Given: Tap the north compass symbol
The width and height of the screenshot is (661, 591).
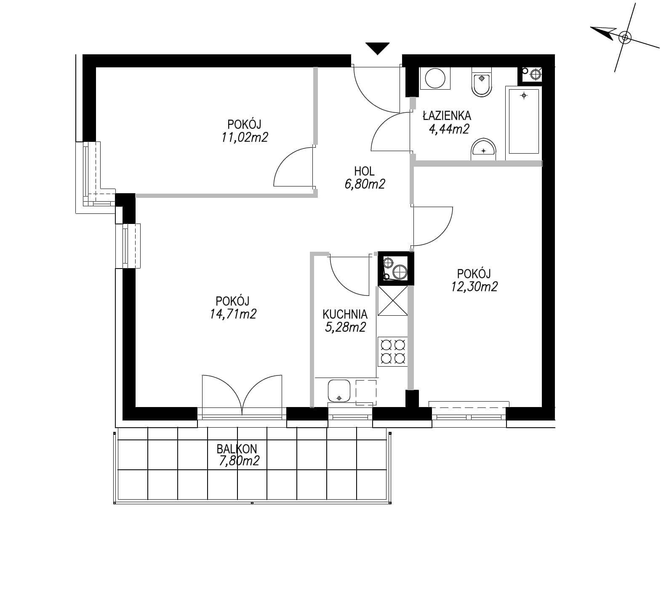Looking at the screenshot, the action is (625, 37).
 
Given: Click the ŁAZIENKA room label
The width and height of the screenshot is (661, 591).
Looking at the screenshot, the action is (447, 115).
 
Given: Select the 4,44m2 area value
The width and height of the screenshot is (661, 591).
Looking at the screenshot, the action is (448, 129).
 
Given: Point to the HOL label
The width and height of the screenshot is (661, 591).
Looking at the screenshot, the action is (364, 171).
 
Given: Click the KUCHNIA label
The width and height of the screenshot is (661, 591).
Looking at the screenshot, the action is (345, 314).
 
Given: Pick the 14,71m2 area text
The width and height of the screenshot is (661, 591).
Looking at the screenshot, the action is (233, 314).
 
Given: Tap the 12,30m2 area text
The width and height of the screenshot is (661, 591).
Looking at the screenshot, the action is (474, 287).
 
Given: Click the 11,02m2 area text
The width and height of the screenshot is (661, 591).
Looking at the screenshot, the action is (245, 137).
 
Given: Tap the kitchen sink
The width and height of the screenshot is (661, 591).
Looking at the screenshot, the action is (339, 391).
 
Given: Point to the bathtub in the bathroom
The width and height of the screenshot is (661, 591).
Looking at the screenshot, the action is (524, 121).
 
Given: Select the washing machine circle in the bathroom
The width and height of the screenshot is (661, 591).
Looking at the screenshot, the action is (435, 78).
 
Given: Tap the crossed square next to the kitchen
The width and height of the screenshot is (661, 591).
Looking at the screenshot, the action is (393, 301).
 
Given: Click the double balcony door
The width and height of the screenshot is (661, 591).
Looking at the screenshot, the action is (242, 396).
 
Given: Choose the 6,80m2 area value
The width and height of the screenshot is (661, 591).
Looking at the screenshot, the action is (365, 184).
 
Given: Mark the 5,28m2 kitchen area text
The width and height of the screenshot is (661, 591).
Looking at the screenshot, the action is (345, 327).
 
